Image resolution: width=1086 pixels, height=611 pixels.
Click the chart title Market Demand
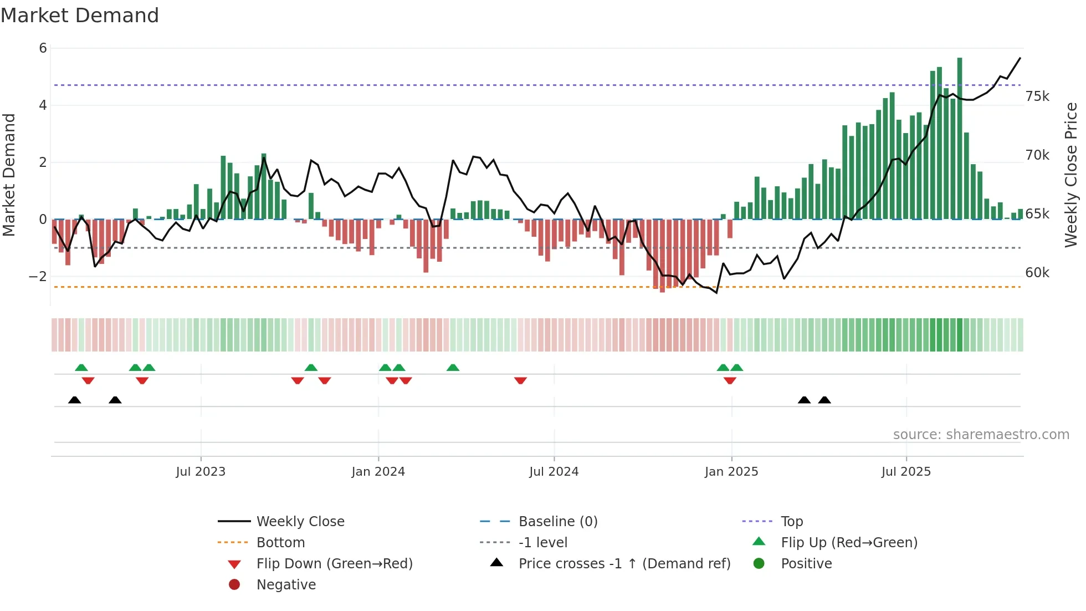(80, 16)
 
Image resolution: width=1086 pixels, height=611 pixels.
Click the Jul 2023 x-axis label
(201, 472)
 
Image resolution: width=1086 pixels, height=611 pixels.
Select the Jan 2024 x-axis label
(378, 472)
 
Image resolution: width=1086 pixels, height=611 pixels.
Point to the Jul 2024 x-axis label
(554, 472)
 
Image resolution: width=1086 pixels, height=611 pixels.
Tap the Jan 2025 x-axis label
(731, 472)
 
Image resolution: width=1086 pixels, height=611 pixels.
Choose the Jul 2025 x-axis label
(906, 472)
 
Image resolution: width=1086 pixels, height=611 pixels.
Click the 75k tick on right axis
(1037, 96)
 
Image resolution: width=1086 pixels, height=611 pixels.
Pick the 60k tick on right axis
(1037, 273)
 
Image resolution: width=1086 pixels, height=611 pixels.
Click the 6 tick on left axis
(43, 48)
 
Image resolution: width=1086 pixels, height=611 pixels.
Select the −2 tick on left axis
(38, 276)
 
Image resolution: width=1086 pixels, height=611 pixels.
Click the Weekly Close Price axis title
(1070, 175)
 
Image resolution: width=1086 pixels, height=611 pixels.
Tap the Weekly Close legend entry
(300, 522)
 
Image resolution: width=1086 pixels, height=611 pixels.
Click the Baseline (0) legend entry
(557, 522)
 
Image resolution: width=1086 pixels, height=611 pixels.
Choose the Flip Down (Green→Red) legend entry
(334, 564)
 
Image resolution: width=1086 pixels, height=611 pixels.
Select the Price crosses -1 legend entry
(624, 564)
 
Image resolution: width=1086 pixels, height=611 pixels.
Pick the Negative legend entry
(286, 585)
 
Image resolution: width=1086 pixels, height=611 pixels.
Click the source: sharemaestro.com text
(981, 435)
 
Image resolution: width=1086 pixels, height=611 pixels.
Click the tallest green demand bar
(960, 139)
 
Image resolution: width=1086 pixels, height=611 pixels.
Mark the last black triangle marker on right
(824, 400)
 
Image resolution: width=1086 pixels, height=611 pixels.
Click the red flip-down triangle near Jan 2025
(730, 380)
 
